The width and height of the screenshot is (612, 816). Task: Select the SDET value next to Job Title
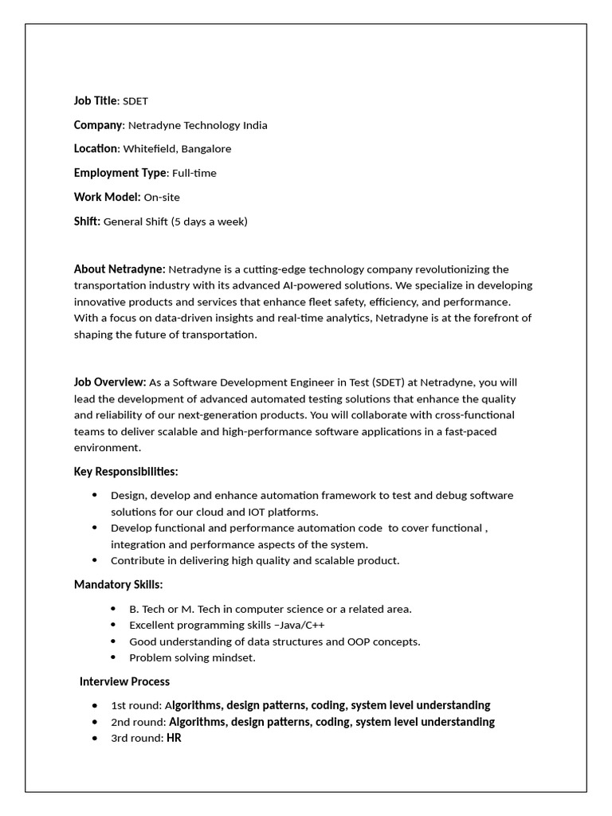click(135, 101)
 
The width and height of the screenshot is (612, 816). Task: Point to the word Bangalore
click(206, 149)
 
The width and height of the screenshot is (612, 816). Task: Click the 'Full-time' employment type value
click(194, 173)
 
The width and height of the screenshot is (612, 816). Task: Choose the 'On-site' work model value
click(162, 197)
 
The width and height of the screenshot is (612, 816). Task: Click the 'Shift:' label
click(87, 221)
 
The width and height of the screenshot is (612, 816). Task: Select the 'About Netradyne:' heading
click(120, 269)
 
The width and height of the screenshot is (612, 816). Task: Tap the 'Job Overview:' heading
click(110, 382)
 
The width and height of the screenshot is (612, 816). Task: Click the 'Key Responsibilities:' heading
click(126, 471)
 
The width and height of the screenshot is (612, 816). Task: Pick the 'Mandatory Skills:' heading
click(118, 584)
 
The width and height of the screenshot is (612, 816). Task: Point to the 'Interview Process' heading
click(124, 681)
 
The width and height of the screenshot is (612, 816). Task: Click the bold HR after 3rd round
click(174, 738)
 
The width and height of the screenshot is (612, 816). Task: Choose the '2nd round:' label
click(139, 722)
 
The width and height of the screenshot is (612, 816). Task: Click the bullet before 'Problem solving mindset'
click(112, 658)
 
